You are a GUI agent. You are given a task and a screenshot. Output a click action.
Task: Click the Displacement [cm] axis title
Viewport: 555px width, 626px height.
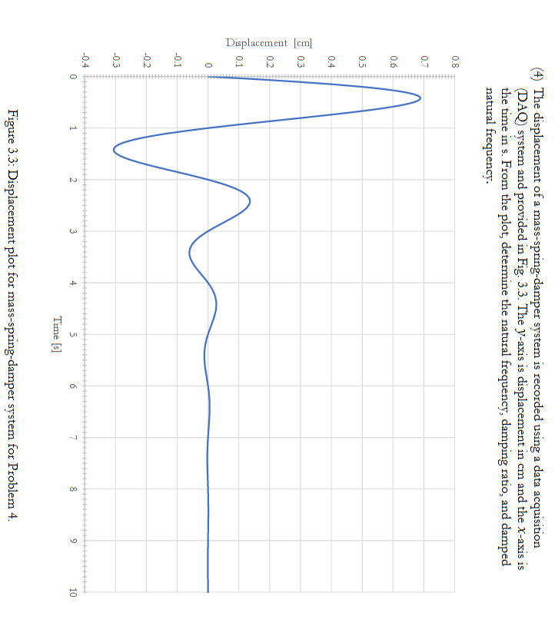pyautogui.click(x=268, y=43)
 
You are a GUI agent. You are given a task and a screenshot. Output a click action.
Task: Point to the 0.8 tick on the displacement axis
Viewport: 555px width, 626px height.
pyautogui.click(x=455, y=59)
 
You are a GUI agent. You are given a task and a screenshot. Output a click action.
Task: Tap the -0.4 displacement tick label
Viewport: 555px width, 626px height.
pyautogui.click(x=85, y=59)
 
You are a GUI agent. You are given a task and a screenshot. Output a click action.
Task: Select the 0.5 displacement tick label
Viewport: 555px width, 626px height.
pyautogui.click(x=362, y=59)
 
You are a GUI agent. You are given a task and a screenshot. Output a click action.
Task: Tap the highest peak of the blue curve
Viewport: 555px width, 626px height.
pyautogui.click(x=420, y=98)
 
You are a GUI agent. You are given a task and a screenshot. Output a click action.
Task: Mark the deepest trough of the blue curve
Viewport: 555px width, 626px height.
pyautogui.click(x=114, y=150)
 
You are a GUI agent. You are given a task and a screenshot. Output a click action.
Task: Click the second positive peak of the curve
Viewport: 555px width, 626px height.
pyautogui.click(x=250, y=202)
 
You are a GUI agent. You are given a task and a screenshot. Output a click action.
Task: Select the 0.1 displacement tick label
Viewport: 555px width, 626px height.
pyautogui.click(x=239, y=59)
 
